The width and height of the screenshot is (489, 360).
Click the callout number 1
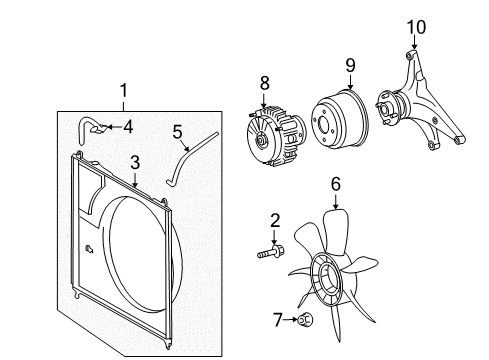coord(124,91)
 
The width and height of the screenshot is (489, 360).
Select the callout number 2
coord(273,220)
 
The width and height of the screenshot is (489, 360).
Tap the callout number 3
coord(133,162)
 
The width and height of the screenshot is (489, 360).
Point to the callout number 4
coord(127,127)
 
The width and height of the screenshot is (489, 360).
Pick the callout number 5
coord(177,130)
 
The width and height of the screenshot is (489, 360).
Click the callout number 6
coord(336,183)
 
